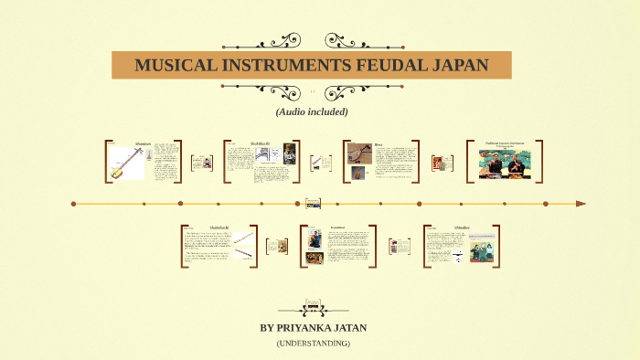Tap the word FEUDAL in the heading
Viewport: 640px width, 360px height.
coord(377,66)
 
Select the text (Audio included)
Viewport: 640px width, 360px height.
coord(312,111)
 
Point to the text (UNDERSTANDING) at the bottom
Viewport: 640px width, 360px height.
coord(313,343)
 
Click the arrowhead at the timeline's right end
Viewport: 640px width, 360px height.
coord(581,204)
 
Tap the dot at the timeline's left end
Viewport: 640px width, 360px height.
coord(73,204)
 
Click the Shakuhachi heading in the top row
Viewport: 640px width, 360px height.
coord(261,143)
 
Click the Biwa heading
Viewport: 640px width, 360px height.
coord(379,144)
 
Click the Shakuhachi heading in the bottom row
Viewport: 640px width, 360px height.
coord(219,227)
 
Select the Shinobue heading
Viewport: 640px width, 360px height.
coord(463,227)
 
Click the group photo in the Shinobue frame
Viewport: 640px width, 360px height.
coord(482,249)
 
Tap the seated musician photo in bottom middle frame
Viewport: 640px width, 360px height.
coord(315,239)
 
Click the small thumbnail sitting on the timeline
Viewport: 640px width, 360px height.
coord(313,204)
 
